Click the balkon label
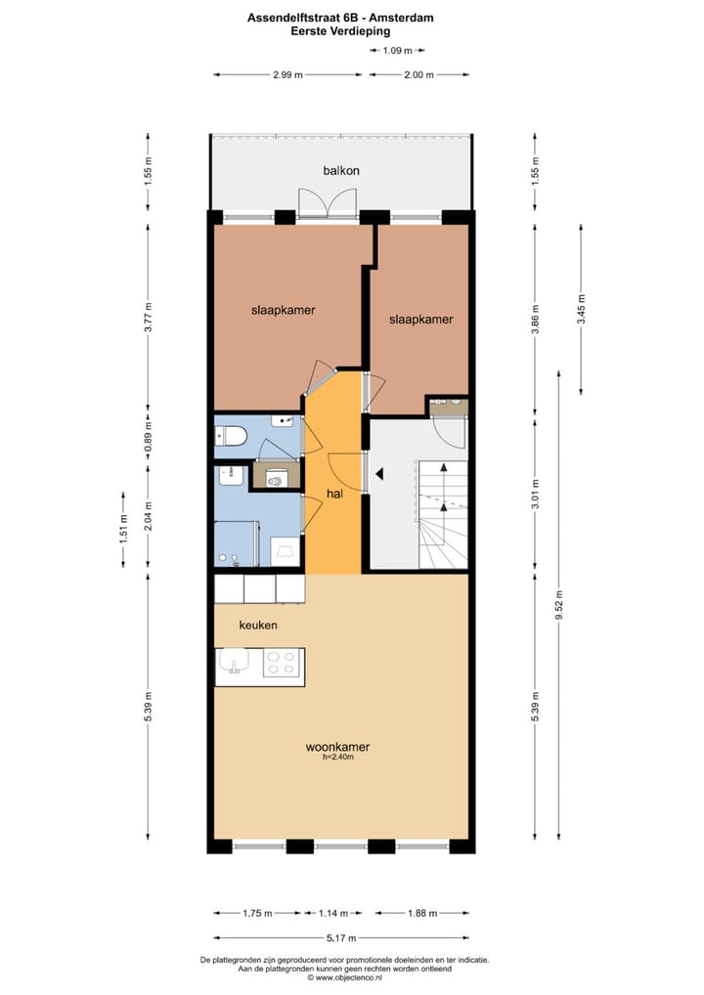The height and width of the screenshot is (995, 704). coord(341,170)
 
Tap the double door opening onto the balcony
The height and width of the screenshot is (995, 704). coord(326,202)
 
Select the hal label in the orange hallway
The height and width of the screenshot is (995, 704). coord(335,494)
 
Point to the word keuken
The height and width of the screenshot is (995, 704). coord(259,625)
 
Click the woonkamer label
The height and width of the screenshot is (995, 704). coord(336,748)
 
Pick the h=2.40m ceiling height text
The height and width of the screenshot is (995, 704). coord(336,758)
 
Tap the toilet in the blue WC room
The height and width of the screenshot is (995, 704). coord(232,436)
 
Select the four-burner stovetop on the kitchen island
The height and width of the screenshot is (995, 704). coord(282,665)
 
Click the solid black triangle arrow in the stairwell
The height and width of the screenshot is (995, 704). coord(379,475)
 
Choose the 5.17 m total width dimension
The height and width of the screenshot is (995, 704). coord(341,938)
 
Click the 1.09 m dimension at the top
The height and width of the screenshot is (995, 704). coord(397,50)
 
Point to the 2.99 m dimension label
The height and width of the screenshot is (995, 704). coord(287,74)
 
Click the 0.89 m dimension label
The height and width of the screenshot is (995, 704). coord(149,432)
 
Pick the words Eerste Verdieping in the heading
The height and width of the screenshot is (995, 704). coord(340,30)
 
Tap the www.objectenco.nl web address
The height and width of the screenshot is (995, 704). coord(342,976)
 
